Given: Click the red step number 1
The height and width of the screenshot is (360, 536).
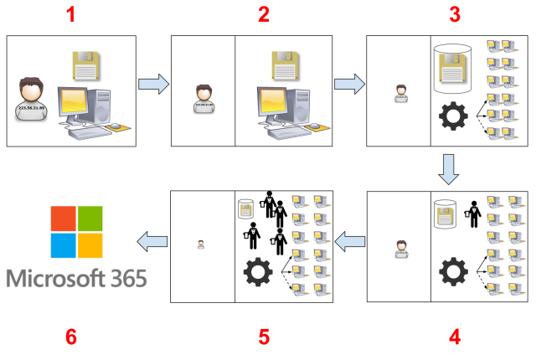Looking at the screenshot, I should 71,14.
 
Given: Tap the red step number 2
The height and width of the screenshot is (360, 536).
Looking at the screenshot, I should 264,14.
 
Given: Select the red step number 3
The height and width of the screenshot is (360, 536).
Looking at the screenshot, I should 455,14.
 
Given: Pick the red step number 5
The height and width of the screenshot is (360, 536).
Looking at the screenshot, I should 264,337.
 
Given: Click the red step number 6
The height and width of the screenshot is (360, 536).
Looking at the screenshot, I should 71,337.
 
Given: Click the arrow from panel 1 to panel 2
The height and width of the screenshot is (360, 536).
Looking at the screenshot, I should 152,84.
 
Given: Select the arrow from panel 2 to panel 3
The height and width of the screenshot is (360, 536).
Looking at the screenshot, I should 348,84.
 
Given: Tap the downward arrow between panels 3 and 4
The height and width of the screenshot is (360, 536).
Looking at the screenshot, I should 450,170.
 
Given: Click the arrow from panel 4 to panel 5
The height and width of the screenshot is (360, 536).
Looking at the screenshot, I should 349,244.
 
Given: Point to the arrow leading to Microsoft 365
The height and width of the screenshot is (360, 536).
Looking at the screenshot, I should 152,243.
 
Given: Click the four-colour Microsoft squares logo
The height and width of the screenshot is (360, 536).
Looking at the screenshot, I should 76,232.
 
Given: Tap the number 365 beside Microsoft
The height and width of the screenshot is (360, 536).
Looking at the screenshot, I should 122,277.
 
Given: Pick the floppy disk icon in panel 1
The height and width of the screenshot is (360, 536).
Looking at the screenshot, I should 85,65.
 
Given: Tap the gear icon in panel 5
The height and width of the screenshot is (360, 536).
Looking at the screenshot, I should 257,273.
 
